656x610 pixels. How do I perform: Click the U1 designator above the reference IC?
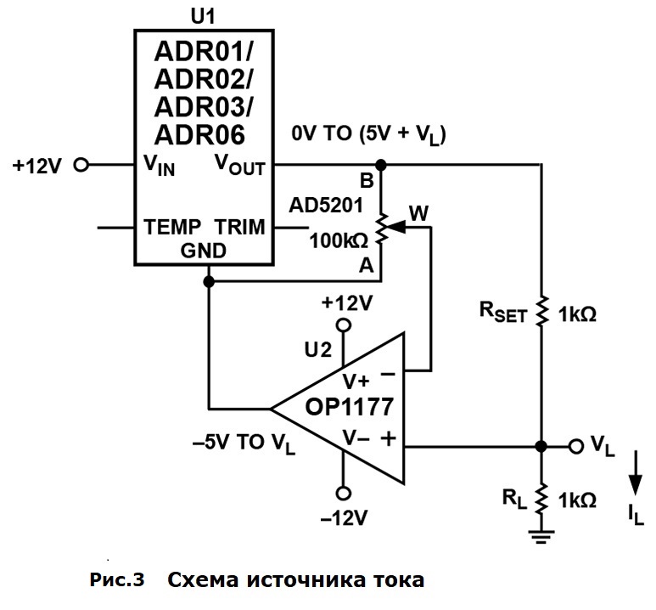[x=203, y=14]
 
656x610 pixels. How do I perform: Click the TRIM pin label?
[x=239, y=227]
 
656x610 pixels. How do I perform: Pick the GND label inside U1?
[x=203, y=251]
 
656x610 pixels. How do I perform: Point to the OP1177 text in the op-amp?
[x=349, y=407]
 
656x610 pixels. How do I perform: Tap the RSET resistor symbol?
[x=542, y=312]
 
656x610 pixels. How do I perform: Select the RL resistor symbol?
[x=542, y=497]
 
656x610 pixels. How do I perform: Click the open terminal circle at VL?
[x=577, y=445]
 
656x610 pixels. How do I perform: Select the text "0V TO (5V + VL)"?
[x=369, y=134]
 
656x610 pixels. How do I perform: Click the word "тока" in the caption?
[x=392, y=581]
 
